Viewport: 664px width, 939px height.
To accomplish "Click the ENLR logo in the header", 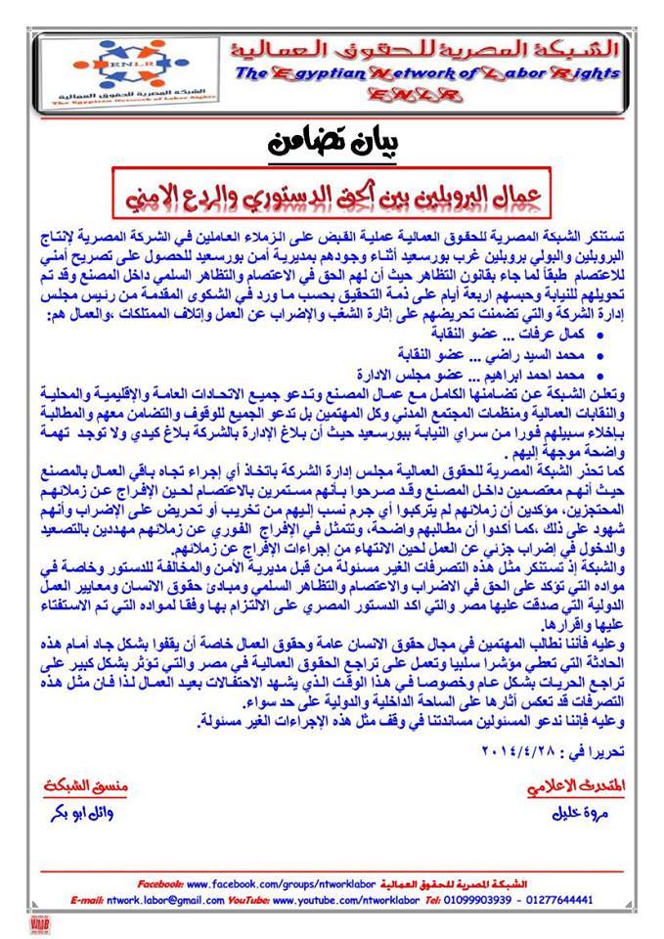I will [x=109, y=69].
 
